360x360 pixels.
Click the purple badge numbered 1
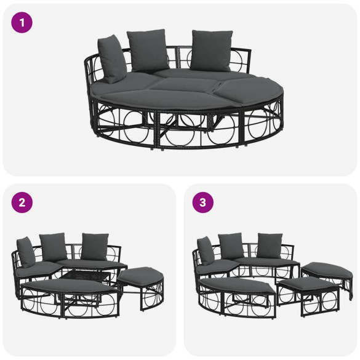click(21, 23)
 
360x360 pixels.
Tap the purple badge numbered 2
click(21, 203)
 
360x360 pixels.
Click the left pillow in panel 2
click(26, 251)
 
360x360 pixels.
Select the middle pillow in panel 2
click(53, 246)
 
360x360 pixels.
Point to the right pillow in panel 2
click(95, 246)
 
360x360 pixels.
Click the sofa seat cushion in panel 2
click(40, 269)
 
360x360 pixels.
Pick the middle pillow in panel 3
click(231, 246)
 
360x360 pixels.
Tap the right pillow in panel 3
click(270, 246)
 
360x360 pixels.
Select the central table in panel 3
click(271, 269)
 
